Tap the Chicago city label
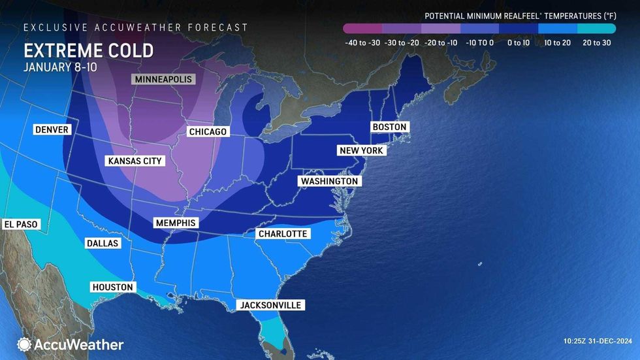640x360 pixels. click(208, 132)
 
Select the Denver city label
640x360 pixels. click(52, 130)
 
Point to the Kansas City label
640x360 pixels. click(135, 161)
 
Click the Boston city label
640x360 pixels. click(389, 127)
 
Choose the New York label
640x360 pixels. click(362, 151)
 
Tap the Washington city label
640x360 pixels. click(329, 181)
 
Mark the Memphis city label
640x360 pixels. click(175, 223)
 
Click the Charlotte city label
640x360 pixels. click(282, 234)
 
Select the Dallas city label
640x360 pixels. click(103, 243)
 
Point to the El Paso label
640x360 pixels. click(22, 224)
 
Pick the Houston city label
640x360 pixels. click(113, 287)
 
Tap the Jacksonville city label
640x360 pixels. click(271, 305)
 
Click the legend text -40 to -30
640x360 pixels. click(362, 43)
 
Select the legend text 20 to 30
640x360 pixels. click(596, 43)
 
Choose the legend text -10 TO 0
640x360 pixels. click(479, 43)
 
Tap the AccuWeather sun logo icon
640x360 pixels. click(24, 344)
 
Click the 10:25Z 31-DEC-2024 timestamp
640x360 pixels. click(597, 341)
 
